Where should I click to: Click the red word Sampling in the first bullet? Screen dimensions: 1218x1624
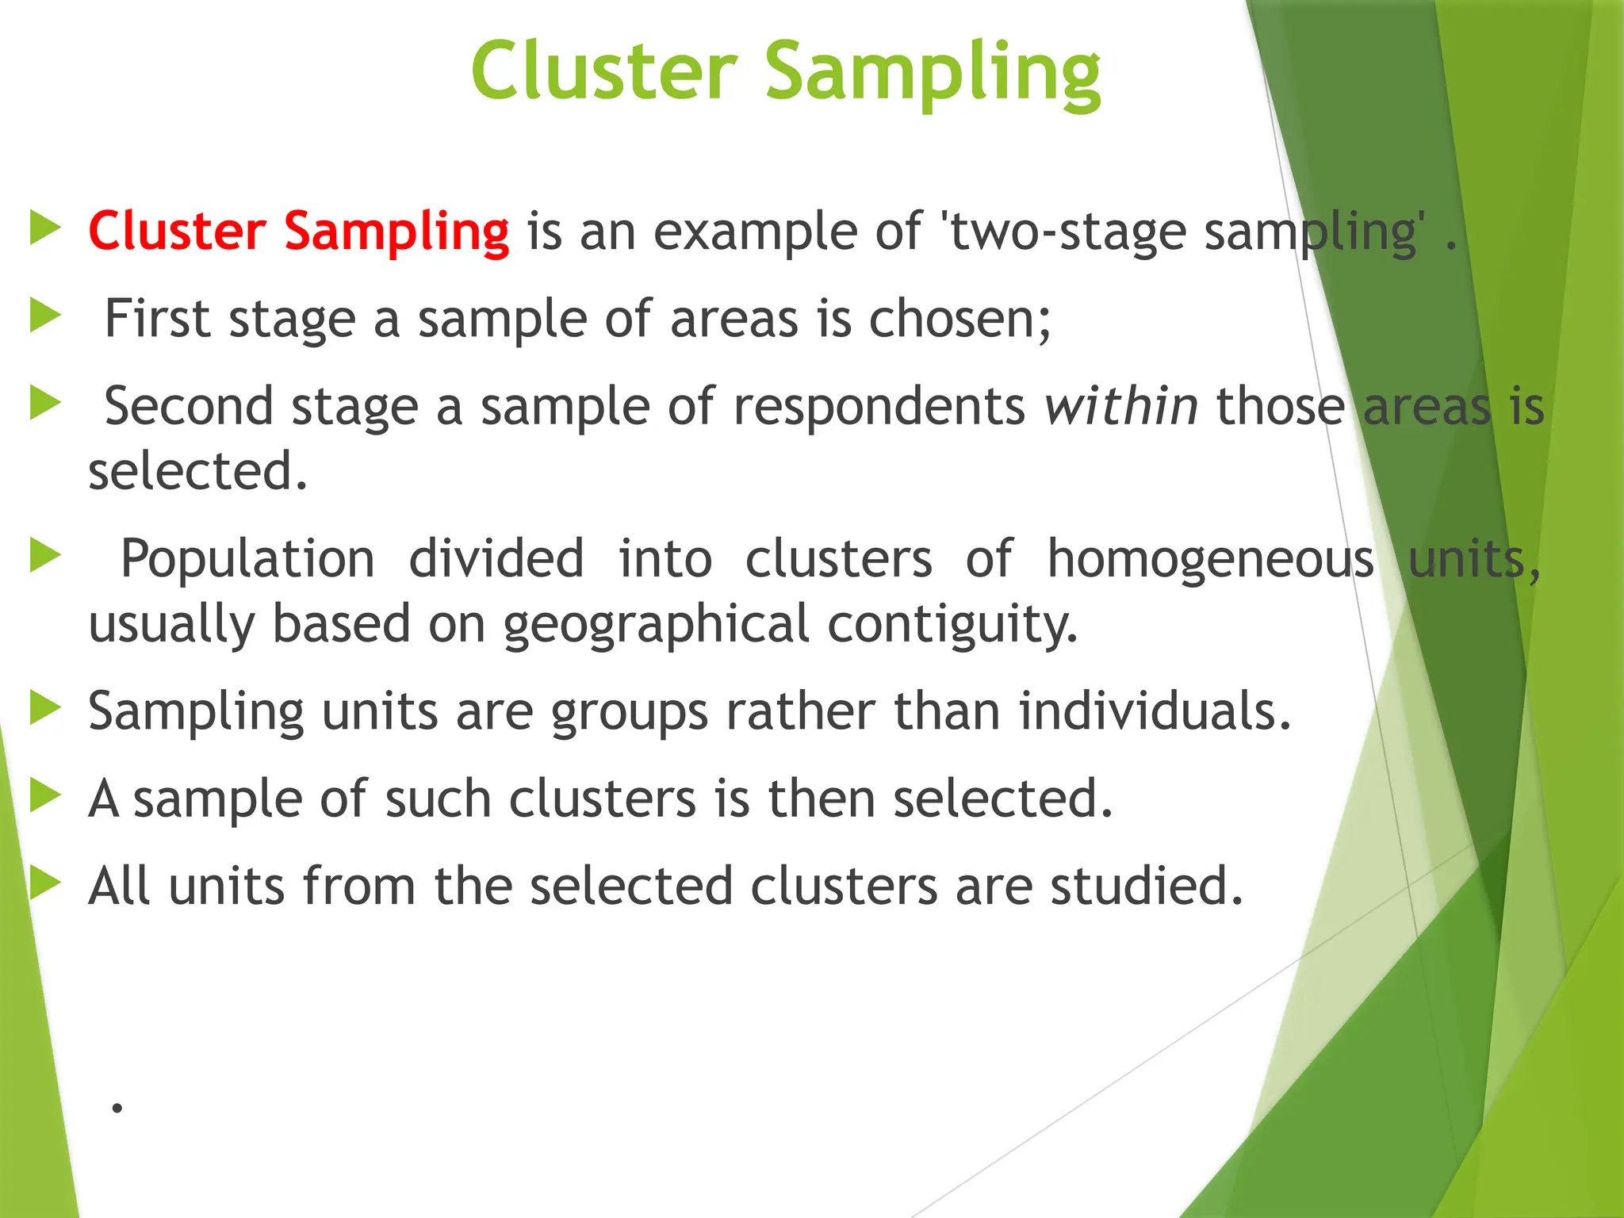coord(396,232)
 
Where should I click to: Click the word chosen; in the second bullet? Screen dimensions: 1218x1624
coord(959,319)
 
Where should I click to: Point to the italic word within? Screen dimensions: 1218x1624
coord(1120,407)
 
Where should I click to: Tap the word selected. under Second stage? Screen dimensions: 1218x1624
coord(197,471)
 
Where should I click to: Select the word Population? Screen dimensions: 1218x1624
coord(247,559)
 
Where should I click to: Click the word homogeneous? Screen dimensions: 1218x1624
coord(1210,559)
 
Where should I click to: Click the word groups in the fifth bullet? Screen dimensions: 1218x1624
coord(629,712)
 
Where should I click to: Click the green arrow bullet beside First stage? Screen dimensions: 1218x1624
coord(45,316)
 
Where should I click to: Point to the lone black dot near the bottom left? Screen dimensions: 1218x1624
coord(117,1108)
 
